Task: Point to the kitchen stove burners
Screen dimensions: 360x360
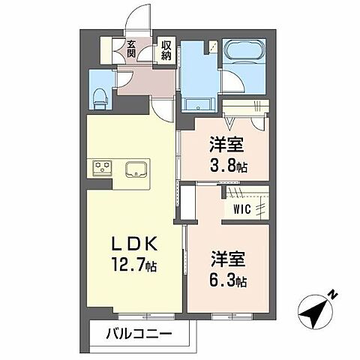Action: pos(102,166)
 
